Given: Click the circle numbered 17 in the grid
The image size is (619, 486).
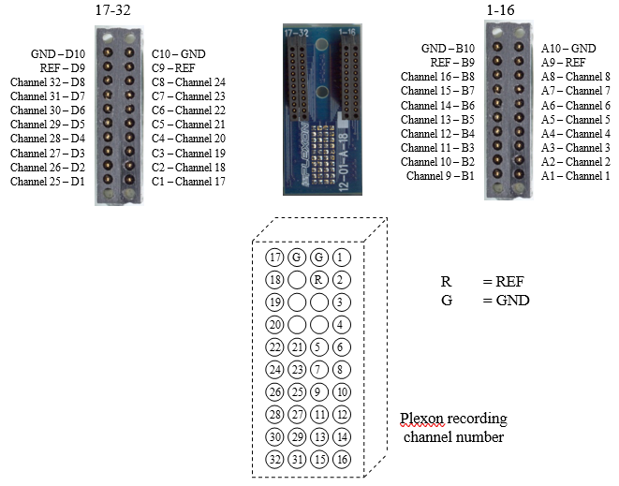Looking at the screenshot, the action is coord(274,258).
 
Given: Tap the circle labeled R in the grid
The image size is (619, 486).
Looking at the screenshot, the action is coord(319,280).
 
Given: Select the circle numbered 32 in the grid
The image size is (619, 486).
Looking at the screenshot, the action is coord(274,459).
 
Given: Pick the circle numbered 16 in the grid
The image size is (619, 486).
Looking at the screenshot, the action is coord(342,459).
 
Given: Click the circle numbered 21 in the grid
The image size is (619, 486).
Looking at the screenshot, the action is coord(297,347).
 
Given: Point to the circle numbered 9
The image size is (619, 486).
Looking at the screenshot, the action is coord(319,392).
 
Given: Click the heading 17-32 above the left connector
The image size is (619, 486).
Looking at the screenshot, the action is coord(113,10).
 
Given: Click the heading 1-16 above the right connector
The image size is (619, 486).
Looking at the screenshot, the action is coord(501,10).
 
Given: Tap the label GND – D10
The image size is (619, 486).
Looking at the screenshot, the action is coord(58,53).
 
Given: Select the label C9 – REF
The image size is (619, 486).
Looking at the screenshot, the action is coord(173,68).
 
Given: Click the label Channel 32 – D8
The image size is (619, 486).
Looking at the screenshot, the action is coord(48,82).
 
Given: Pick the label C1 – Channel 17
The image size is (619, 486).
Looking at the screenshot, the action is coord(188,182).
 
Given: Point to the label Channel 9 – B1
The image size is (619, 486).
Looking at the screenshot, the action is coord(440,176).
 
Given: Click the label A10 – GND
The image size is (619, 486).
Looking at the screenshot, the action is coord(568,48).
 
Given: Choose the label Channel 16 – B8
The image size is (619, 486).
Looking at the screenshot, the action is coord(438,76).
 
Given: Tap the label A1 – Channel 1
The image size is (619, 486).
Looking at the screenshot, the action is coord(576,176).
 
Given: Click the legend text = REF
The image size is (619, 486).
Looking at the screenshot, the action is coord(503,282).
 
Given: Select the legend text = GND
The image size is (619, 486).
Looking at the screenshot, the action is coord(506,301).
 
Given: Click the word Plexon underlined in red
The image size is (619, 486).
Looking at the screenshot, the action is coord(421,418).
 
